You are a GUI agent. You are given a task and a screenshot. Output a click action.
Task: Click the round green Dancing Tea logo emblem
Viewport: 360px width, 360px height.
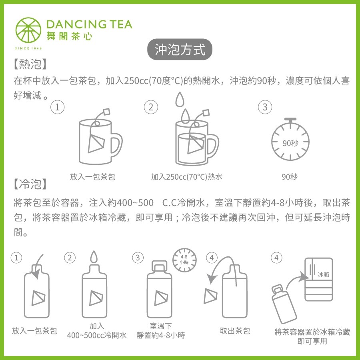[28, 30]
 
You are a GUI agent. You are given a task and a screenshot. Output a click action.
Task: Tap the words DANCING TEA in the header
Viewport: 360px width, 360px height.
[89, 24]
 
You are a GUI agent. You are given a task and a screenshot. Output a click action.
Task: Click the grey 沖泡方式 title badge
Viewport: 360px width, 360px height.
[180, 49]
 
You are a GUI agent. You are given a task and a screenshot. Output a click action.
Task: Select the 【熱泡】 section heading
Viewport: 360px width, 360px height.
[30, 64]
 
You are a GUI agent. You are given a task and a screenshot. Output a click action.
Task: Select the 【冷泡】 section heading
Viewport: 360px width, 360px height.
[30, 184]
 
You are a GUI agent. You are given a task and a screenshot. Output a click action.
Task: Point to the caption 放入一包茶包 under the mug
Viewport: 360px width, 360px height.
[92, 177]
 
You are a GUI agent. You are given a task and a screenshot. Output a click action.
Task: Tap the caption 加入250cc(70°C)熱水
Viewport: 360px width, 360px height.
[187, 177]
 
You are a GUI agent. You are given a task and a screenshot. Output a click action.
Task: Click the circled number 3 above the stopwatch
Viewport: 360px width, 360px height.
[265, 107]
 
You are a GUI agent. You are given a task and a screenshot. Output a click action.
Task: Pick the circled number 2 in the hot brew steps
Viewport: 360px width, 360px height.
[151, 107]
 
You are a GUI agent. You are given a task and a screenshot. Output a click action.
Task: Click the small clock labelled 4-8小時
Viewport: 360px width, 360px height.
[184, 260]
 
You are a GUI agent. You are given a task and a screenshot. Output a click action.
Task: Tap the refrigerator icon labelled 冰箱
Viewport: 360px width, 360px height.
[319, 279]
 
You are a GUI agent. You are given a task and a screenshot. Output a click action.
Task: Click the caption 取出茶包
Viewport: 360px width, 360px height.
[235, 331]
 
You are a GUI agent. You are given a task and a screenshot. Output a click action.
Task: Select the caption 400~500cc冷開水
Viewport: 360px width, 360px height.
[97, 335]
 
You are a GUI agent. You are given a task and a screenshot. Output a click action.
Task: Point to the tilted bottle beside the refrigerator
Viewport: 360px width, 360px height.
[283, 304]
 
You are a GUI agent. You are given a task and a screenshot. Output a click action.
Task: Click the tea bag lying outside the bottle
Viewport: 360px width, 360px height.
[210, 296]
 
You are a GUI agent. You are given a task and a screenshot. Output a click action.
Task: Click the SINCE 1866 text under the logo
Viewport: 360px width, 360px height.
[28, 48]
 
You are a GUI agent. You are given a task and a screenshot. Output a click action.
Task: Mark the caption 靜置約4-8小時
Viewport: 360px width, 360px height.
[161, 335]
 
